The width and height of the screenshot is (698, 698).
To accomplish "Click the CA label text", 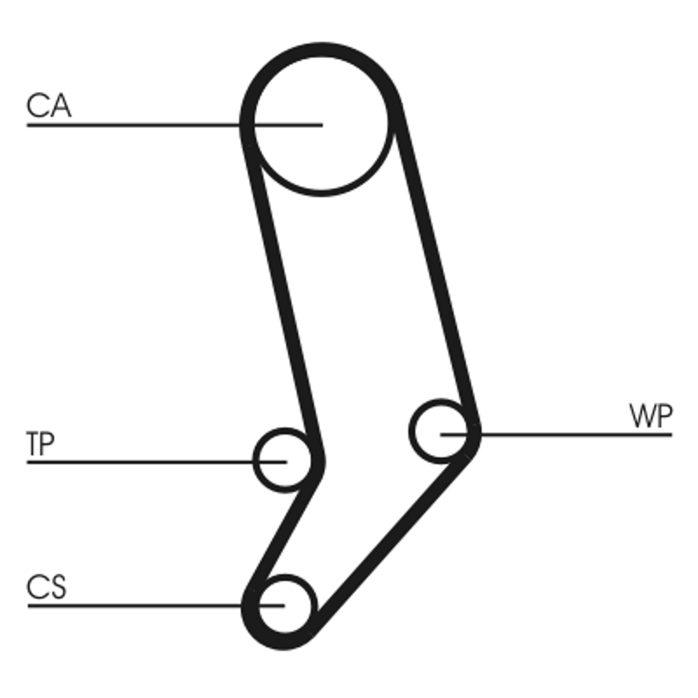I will [x=49, y=106].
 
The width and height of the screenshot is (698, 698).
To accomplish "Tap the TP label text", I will [x=40, y=444].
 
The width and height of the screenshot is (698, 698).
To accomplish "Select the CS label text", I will [x=46, y=587].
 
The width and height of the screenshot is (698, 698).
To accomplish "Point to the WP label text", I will [x=650, y=417].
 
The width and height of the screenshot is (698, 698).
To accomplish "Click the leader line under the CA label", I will [x=131, y=126].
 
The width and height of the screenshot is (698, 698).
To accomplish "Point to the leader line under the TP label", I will [x=140, y=461].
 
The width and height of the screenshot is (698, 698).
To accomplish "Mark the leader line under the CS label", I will [x=131, y=605].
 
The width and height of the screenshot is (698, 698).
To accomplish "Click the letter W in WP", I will [x=641, y=417].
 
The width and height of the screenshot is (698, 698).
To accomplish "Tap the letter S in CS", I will [x=58, y=587].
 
